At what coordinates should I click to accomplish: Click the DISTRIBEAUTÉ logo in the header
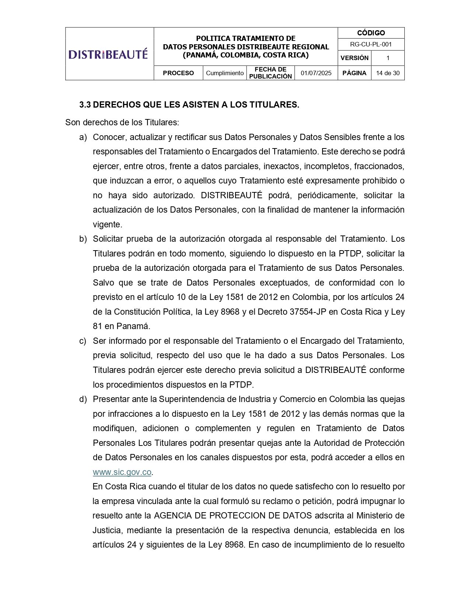(108, 54)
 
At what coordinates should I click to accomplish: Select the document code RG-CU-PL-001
(371, 44)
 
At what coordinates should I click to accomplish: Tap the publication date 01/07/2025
(316, 73)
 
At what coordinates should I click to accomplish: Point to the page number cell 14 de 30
(388, 73)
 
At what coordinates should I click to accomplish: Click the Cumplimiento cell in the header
(225, 73)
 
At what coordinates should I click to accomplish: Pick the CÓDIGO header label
(371, 33)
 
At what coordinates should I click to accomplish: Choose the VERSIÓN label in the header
(354, 58)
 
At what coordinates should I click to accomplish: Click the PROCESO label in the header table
(178, 73)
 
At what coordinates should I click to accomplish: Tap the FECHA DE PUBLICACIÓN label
(271, 73)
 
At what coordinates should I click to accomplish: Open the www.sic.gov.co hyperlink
(122, 472)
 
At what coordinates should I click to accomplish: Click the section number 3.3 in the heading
(85, 105)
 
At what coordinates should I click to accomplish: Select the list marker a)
(83, 137)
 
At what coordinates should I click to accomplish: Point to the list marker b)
(83, 239)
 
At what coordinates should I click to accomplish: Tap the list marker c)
(83, 341)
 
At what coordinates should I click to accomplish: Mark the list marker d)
(83, 399)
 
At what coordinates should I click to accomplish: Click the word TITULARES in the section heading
(274, 105)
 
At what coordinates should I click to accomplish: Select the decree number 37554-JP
(308, 312)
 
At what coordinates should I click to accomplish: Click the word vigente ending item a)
(107, 224)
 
